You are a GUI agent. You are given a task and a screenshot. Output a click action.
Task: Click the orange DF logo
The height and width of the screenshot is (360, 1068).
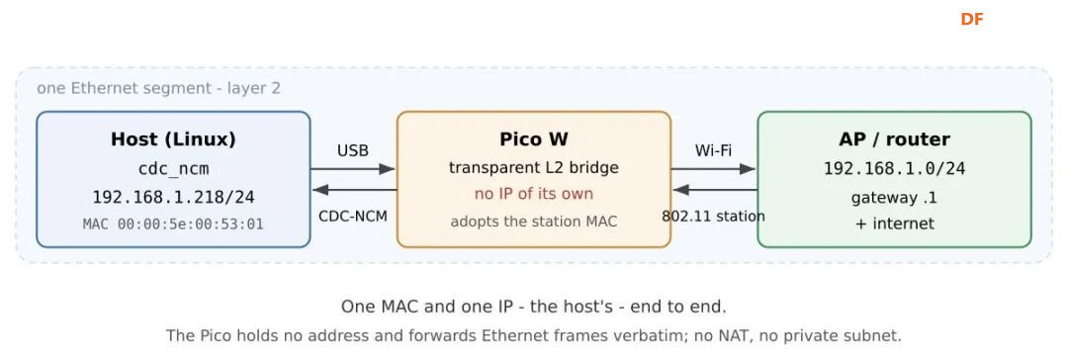click(x=972, y=19)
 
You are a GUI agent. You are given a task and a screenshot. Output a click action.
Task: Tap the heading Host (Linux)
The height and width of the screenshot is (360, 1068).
click(x=173, y=139)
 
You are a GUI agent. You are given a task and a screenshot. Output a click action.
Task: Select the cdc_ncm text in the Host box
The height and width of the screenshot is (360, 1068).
click(x=173, y=169)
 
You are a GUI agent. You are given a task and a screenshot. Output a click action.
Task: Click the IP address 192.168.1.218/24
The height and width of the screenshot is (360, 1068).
click(x=173, y=198)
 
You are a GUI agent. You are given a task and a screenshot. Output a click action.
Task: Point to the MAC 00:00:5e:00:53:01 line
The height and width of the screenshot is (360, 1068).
click(x=173, y=225)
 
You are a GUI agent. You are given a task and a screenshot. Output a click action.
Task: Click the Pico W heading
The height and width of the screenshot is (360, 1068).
click(x=533, y=139)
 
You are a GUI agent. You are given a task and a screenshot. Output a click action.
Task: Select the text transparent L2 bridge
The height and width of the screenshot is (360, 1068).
click(x=533, y=168)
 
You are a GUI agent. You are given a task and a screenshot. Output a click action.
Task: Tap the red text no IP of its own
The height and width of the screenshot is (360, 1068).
click(x=533, y=194)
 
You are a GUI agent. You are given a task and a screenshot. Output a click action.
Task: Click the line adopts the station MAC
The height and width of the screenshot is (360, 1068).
click(x=533, y=222)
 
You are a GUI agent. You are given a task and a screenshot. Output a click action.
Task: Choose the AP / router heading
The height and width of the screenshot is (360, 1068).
click(x=894, y=139)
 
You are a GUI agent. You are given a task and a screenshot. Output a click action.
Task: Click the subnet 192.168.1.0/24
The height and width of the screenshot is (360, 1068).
click(x=894, y=169)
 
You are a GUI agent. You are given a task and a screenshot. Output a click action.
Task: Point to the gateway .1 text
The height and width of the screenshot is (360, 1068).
click(x=894, y=199)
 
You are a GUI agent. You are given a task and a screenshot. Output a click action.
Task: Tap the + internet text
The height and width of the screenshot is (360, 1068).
click(x=894, y=224)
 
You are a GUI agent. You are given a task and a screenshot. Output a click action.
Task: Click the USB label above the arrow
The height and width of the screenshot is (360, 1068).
click(x=353, y=150)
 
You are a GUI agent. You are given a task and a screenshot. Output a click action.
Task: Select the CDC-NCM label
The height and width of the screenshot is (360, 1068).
click(x=353, y=217)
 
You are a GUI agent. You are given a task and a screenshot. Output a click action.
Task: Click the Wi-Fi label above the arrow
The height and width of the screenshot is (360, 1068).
click(x=713, y=150)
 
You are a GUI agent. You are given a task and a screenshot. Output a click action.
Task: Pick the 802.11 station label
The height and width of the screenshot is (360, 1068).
click(x=713, y=217)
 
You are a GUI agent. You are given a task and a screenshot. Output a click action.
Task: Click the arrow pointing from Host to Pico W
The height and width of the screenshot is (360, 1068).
click(x=353, y=168)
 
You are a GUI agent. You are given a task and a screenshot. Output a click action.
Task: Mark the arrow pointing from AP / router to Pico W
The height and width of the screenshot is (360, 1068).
click(x=714, y=190)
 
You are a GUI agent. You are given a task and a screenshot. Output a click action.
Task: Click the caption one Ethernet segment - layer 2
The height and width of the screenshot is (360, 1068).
click(x=158, y=89)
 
